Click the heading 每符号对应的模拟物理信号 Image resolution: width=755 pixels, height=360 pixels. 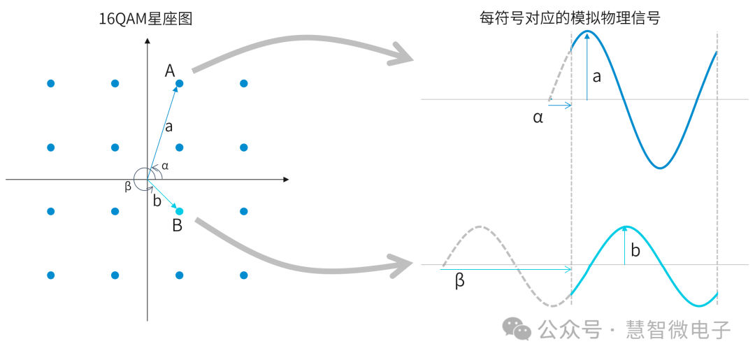[569, 18]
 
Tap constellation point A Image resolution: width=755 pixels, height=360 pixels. [179, 84]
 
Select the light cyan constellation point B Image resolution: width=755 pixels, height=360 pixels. [179, 212]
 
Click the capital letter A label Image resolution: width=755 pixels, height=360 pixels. [170, 71]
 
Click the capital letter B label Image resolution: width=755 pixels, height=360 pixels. [177, 226]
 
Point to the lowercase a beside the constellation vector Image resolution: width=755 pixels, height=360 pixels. [168, 127]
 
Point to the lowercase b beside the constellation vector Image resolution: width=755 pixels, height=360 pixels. [157, 201]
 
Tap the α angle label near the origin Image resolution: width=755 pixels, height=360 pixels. [165, 166]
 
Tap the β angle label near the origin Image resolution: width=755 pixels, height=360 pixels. [128, 186]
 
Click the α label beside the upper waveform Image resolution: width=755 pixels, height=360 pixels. [538, 117]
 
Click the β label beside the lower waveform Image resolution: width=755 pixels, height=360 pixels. [459, 281]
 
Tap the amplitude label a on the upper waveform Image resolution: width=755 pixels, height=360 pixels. [596, 77]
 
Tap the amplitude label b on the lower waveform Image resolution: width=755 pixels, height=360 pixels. [635, 250]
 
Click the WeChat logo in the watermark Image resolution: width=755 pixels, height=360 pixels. [518, 329]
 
